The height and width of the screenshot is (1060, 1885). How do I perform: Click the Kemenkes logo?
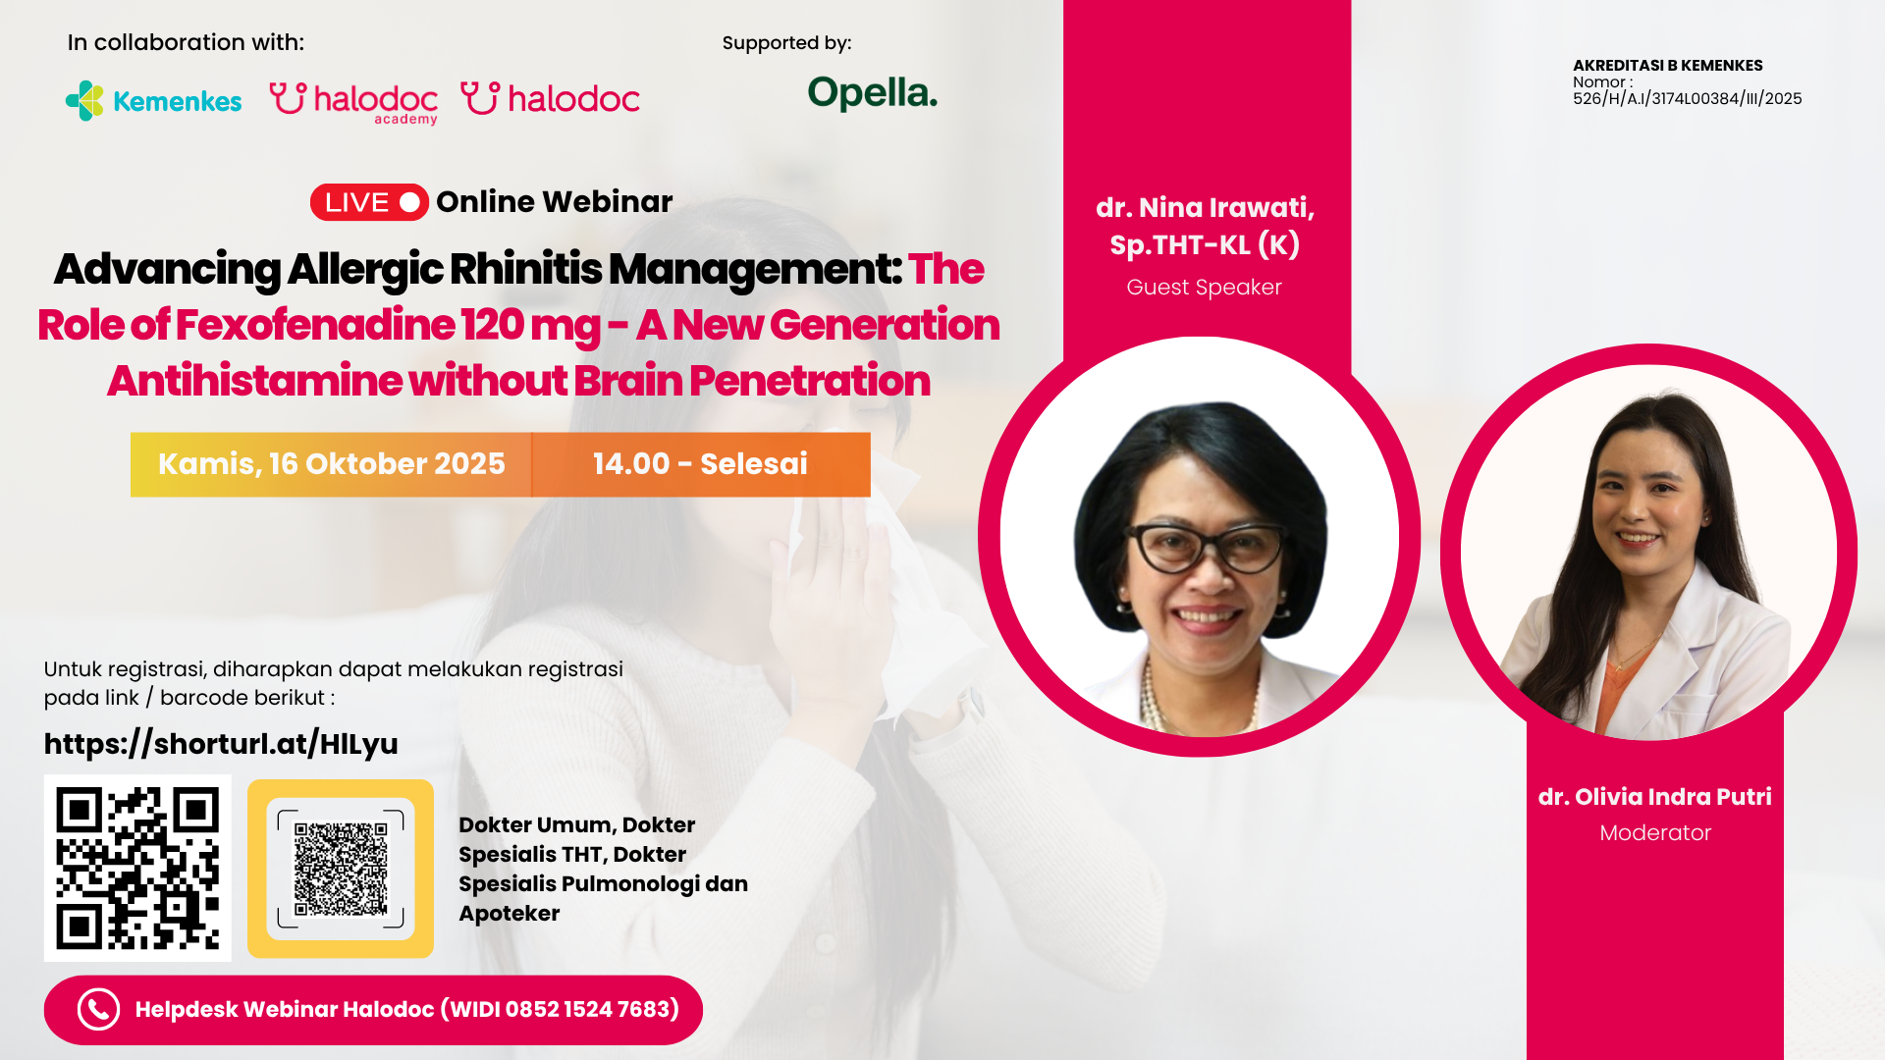(153, 101)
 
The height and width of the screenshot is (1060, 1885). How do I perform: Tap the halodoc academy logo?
(353, 102)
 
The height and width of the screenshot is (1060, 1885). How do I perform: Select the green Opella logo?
(872, 93)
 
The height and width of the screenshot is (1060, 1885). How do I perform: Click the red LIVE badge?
(369, 202)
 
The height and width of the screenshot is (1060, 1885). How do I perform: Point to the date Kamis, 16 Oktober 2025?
(332, 464)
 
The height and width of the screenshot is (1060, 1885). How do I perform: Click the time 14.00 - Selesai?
(700, 464)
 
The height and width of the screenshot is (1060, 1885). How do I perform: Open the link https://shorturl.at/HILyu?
(221, 744)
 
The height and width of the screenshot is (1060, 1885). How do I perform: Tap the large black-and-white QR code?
(137, 868)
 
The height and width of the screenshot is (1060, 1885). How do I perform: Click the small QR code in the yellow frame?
(341, 869)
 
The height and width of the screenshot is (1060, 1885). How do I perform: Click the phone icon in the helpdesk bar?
(98, 1009)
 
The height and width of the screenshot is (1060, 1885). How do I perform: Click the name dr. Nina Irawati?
(1205, 208)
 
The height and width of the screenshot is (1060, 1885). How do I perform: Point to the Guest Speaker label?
(1204, 288)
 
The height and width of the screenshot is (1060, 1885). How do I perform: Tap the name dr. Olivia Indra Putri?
(1654, 797)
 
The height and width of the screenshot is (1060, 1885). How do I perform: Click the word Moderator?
(1655, 833)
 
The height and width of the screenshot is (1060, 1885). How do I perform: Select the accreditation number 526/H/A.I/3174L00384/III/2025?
(1687, 99)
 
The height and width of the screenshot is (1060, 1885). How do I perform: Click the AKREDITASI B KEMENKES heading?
(1667, 66)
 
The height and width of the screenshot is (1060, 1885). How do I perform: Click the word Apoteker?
(509, 914)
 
